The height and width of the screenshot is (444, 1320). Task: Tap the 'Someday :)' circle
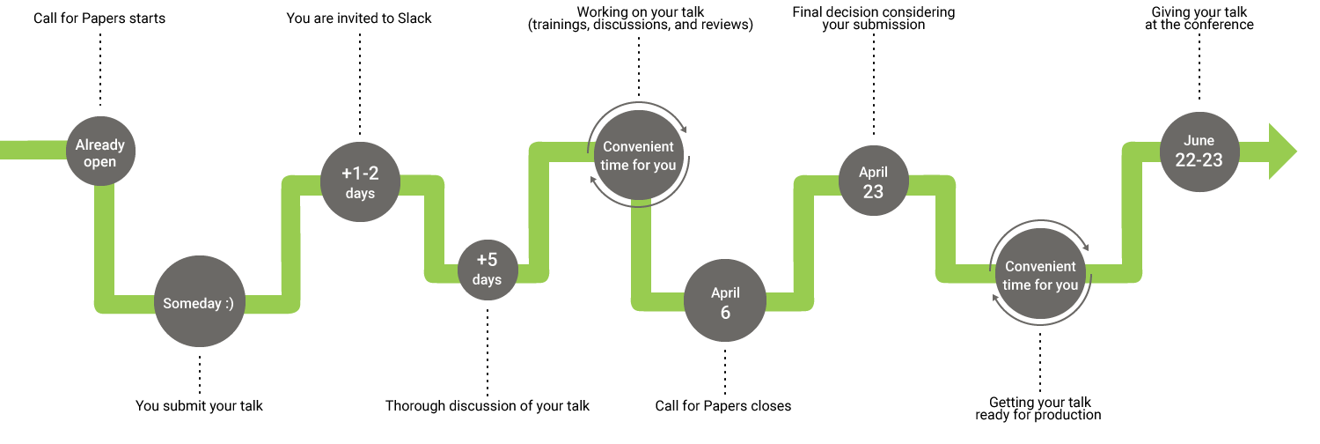click(x=200, y=301)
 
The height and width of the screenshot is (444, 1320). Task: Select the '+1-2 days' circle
click(x=360, y=182)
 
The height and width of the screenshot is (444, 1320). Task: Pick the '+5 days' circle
click(x=487, y=270)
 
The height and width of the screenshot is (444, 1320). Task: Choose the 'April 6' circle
click(x=725, y=301)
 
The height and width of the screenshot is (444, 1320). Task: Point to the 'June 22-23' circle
click(x=1199, y=151)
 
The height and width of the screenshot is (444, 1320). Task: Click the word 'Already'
click(x=100, y=144)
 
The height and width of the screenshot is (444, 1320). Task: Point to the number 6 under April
click(x=725, y=312)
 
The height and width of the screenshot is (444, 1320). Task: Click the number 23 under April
click(x=873, y=191)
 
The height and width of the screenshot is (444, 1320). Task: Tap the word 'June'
click(x=1199, y=140)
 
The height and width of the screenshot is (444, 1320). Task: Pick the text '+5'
click(x=487, y=260)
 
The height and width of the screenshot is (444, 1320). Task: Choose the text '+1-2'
click(x=360, y=173)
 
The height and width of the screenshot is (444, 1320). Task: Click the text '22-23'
click(x=1199, y=160)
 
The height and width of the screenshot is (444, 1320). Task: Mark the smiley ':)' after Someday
click(x=229, y=303)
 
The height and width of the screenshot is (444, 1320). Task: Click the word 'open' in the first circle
click(x=100, y=162)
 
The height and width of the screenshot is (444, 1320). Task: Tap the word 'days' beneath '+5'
click(x=487, y=280)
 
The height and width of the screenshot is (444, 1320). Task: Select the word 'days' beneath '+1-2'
click(x=360, y=193)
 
